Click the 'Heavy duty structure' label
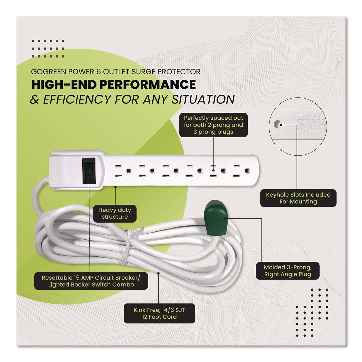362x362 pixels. (x=115, y=213)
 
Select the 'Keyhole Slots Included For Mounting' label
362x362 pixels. (x=298, y=198)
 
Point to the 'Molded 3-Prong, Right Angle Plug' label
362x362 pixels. (x=288, y=271)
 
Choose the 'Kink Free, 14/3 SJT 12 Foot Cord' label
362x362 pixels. (x=159, y=313)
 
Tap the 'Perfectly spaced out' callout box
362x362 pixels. (x=213, y=125)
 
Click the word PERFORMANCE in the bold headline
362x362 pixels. (x=148, y=85)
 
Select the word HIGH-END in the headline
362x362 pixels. (x=64, y=85)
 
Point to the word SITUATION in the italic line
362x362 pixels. (x=203, y=99)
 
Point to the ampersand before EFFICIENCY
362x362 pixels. (x=35, y=100)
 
